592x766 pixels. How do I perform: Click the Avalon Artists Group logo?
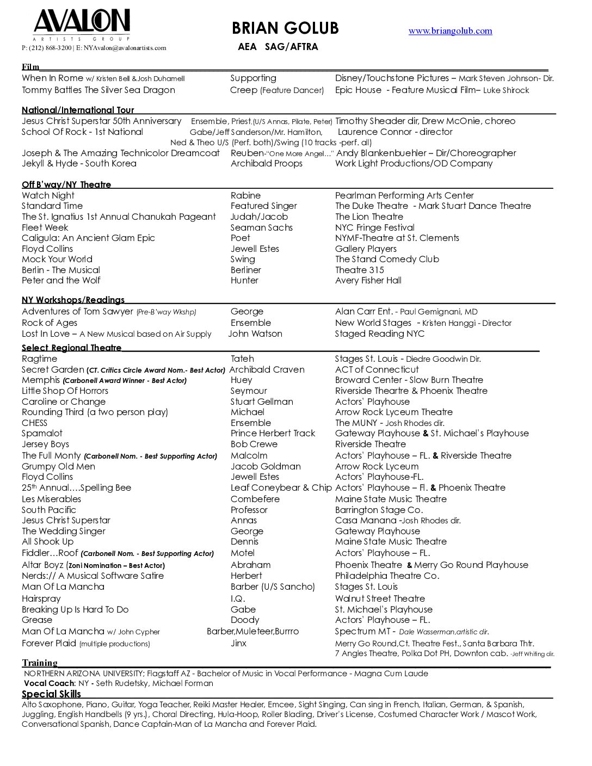pyautogui.click(x=82, y=24)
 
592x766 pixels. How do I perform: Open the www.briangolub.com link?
pyautogui.click(x=450, y=31)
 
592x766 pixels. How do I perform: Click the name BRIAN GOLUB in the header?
pyautogui.click(x=285, y=28)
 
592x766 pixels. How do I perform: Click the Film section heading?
pyautogui.click(x=30, y=67)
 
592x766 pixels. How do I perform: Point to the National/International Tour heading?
pyautogui.click(x=78, y=110)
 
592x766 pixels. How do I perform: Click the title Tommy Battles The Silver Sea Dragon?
pyautogui.click(x=98, y=90)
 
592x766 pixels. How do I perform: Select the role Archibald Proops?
pyautogui.click(x=266, y=164)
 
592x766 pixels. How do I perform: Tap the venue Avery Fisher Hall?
pyautogui.click(x=368, y=281)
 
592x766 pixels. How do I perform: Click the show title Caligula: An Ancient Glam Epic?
pyautogui.click(x=88, y=238)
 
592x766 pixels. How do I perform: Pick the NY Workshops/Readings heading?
pyautogui.click(x=73, y=300)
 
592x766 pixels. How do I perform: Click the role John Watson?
pyautogui.click(x=255, y=334)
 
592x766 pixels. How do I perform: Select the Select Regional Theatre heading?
pyautogui.click(x=71, y=348)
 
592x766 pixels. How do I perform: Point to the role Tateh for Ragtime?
pyautogui.click(x=242, y=359)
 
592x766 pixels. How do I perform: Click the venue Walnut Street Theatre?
pyautogui.click(x=380, y=599)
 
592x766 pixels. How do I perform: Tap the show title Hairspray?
pyautogui.click(x=41, y=599)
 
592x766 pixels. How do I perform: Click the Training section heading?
pyautogui.click(x=40, y=663)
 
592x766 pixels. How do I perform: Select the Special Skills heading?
pyautogui.click(x=51, y=694)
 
